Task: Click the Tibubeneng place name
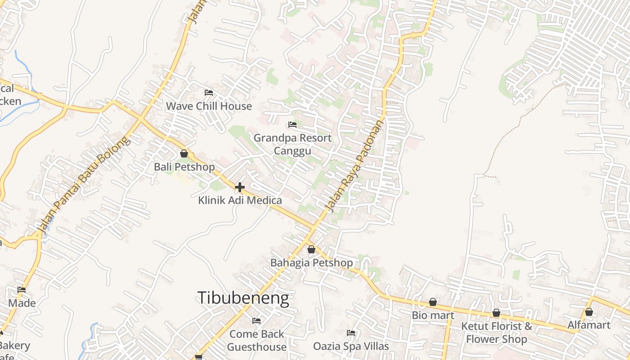[x=243, y=298]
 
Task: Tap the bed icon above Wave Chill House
[x=209, y=93]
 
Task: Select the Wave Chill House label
[x=209, y=106]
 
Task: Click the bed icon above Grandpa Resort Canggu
[x=292, y=125]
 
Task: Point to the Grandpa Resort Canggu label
[x=292, y=144]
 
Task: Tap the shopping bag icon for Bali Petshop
[x=184, y=153]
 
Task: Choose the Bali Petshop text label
[x=184, y=167]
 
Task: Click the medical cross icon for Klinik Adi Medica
[x=240, y=187]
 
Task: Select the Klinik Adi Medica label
[x=240, y=200]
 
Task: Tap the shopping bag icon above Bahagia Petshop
[x=311, y=249]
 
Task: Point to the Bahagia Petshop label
[x=311, y=262]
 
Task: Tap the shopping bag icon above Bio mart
[x=433, y=302]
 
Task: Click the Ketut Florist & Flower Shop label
[x=496, y=333]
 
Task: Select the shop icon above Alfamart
[x=589, y=312]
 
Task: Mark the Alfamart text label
[x=589, y=325]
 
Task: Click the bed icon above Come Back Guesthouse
[x=256, y=321]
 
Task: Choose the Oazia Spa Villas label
[x=351, y=346]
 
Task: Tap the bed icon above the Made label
[x=22, y=290]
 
